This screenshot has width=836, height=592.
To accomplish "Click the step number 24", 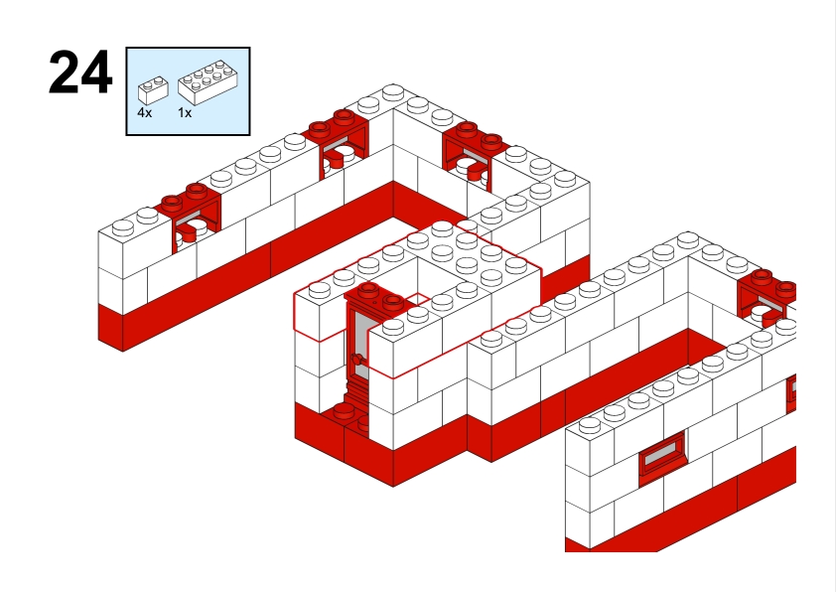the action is pyautogui.click(x=80, y=74).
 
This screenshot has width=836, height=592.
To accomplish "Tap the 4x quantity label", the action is pyautogui.click(x=145, y=112).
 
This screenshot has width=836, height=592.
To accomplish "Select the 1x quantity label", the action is pyautogui.click(x=185, y=112).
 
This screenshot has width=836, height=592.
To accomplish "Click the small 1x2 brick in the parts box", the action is pyautogui.click(x=153, y=90).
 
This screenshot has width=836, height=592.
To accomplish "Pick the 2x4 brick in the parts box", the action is pyautogui.click(x=208, y=81).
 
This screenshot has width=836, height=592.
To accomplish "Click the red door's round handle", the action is pyautogui.click(x=356, y=360).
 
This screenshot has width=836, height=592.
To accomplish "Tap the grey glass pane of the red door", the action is pyautogui.click(x=360, y=342).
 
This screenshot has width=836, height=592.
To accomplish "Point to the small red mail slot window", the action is pyautogui.click(x=662, y=454).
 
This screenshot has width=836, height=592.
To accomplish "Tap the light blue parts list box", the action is pyautogui.click(x=189, y=91).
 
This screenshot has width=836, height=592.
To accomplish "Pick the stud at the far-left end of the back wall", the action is pyautogui.click(x=123, y=227).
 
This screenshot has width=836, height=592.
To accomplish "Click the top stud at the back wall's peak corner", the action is pyautogui.click(x=393, y=92).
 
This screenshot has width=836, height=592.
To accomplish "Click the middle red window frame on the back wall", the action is pyautogui.click(x=336, y=145).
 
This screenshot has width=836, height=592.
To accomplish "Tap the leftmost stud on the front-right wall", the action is pyautogui.click(x=589, y=425).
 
